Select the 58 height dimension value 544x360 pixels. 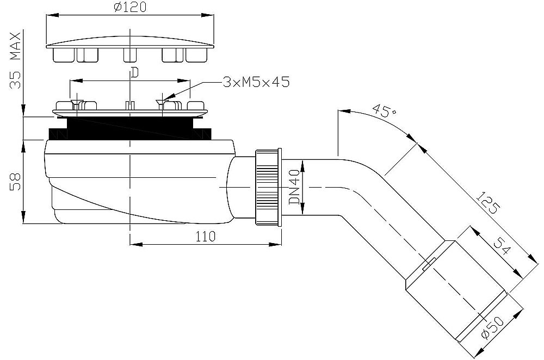pyautogui.click(x=16, y=181)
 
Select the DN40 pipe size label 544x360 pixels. pyautogui.click(x=295, y=187)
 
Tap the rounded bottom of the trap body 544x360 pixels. pyautogui.click(x=109, y=215)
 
